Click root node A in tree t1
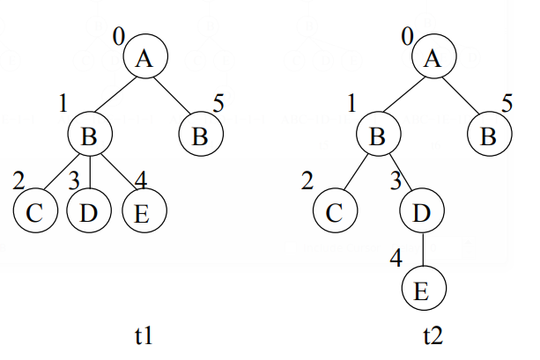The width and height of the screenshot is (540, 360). point(145,59)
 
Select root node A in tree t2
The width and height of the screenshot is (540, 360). point(433,59)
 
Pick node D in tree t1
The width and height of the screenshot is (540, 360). point(88,213)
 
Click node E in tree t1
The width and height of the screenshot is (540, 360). point(143,213)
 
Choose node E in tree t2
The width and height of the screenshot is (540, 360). point(424,291)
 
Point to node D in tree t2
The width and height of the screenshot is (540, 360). point(424,213)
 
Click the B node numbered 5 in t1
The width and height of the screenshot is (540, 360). point(201,136)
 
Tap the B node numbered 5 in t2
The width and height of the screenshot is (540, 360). point(488,136)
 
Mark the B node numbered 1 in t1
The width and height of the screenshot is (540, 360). point(90,136)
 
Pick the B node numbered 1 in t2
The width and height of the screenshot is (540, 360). point(378,136)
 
